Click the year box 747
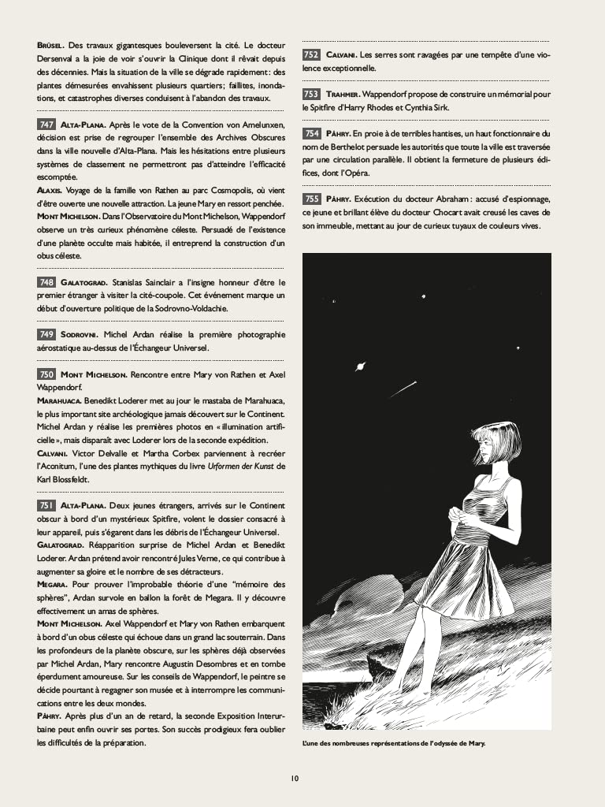tap(46, 125)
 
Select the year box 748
tap(46, 282)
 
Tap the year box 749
tap(46, 334)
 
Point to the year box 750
tap(46, 374)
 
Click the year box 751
tap(46, 504)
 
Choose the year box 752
tap(311, 54)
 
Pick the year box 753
tap(311, 94)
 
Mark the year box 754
tap(311, 133)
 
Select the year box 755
tap(311, 199)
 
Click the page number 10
tap(295, 778)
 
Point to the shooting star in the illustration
tap(403, 389)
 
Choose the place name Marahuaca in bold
tap(64, 401)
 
